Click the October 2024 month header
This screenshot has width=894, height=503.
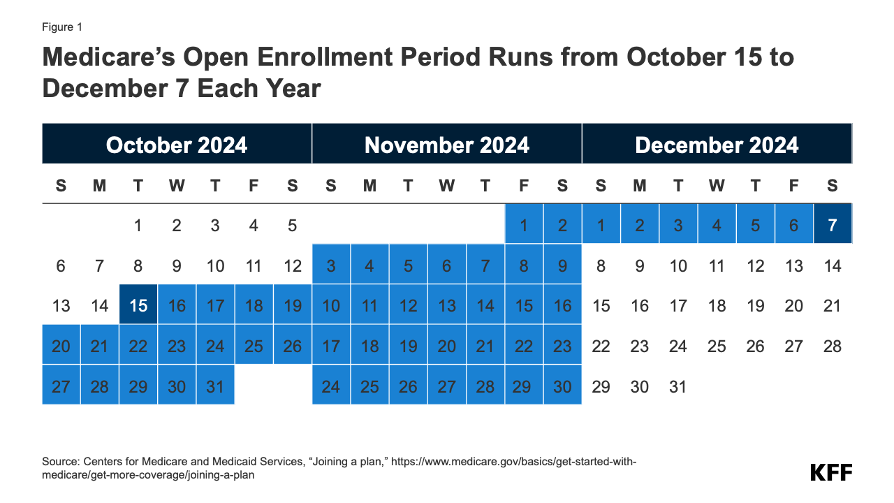point(177,145)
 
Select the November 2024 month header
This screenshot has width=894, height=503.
point(447,145)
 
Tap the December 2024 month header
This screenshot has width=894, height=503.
point(717,145)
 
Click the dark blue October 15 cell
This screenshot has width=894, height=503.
point(138,305)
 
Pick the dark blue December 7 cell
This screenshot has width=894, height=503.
point(833,225)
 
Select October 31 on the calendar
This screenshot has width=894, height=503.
point(215,386)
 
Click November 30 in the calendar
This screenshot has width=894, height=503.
point(562,386)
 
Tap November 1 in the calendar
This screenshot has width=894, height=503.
point(524,225)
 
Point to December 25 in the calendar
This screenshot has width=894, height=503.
point(717,346)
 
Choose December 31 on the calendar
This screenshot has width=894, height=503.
point(678,386)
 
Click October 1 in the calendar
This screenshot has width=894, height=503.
point(138,225)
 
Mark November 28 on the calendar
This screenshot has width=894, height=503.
point(485,386)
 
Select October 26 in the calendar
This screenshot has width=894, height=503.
point(292,346)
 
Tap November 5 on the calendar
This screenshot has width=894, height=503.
point(408,265)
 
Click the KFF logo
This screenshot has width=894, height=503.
point(831,472)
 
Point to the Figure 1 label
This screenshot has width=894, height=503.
point(62,27)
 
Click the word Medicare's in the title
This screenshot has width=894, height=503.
point(117,57)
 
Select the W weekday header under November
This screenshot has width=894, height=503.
point(447,186)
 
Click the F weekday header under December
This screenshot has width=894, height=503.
point(794,186)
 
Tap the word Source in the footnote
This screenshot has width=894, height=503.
point(60,462)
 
